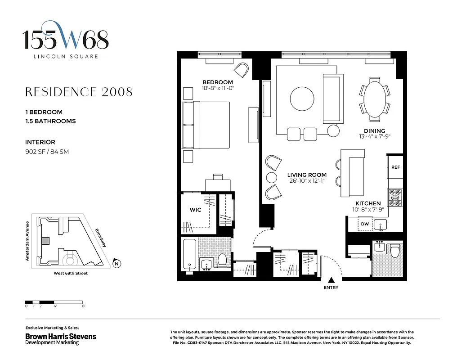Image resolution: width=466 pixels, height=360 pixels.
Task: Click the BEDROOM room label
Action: [x=218, y=82]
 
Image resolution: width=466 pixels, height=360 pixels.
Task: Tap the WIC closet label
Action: [x=195, y=210]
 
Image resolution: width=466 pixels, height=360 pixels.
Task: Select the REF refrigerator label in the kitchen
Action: [x=395, y=167]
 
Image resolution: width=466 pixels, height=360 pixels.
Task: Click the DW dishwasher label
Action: [x=365, y=224]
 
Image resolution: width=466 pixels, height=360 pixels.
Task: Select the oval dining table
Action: [x=375, y=99]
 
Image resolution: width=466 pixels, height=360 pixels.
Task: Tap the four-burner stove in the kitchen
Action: [x=395, y=197]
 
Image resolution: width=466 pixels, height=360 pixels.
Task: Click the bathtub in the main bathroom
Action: [x=189, y=255]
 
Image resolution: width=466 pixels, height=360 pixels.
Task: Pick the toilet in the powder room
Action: [x=395, y=251]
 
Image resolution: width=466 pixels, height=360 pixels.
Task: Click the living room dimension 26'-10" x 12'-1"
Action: [x=307, y=181]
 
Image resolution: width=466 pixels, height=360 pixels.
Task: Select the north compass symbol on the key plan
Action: [x=116, y=264]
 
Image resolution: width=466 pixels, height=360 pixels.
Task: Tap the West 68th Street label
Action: [x=67, y=273]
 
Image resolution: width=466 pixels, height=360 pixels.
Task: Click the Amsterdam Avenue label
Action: [x=27, y=241]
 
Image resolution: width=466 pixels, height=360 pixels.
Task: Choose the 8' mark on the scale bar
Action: [x=84, y=306]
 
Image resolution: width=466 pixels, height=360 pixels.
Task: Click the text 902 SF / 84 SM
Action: [x=47, y=152]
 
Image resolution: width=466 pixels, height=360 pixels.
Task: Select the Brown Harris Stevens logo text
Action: [x=60, y=336]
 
